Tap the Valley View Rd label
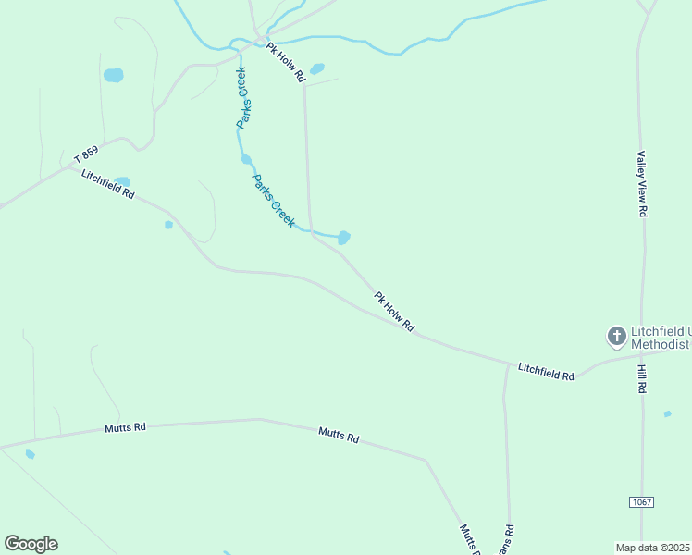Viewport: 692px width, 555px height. click(641, 184)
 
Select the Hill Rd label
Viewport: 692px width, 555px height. click(641, 379)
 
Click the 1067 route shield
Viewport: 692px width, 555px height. click(641, 501)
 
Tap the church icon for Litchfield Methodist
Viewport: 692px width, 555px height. click(615, 336)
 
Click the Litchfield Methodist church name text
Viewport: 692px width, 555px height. click(661, 338)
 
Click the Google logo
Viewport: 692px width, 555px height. click(31, 544)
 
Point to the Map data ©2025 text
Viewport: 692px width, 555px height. click(653, 547)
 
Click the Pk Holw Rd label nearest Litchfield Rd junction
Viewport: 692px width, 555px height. click(395, 313)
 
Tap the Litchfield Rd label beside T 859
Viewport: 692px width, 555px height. click(108, 185)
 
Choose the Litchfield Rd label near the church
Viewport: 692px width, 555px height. click(546, 371)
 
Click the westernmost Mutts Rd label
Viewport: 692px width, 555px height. click(126, 427)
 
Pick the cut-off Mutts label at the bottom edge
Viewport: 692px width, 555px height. click(468, 539)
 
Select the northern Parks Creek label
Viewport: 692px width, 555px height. click(242, 97)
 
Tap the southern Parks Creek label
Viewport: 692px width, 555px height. click(274, 201)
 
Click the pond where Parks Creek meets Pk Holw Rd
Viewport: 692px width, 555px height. click(344, 238)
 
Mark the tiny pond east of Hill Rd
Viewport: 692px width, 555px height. click(668, 414)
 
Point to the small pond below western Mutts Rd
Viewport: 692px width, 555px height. click(31, 454)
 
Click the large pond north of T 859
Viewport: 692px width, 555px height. click(113, 76)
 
